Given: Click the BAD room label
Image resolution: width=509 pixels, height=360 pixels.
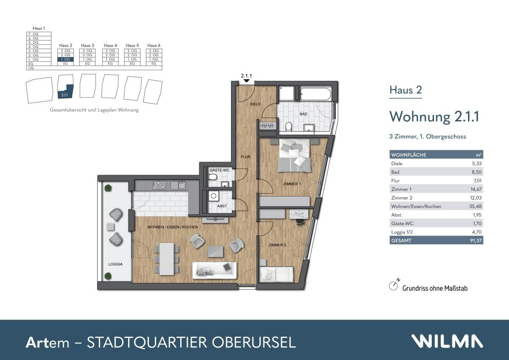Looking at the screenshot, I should tap(303, 114).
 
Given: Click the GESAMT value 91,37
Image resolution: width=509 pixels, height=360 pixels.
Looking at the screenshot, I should tap(476, 241).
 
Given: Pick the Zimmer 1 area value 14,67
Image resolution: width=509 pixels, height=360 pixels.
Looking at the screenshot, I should tap(476, 189).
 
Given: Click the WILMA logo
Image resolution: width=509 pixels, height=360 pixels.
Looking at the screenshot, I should tap(447, 341).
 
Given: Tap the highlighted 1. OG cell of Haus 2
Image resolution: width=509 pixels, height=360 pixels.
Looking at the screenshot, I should tap(65, 59).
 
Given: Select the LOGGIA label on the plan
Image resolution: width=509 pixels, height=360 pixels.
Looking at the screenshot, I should tap(115, 264).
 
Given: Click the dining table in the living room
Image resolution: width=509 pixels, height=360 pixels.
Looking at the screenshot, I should tap(167, 258).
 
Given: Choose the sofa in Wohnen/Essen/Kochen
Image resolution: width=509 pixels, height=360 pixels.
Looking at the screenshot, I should tap(214, 270).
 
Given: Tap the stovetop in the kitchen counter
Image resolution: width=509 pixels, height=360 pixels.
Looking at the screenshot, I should tap(160, 185).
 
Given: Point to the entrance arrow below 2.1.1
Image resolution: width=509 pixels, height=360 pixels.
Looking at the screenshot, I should tap(246, 81).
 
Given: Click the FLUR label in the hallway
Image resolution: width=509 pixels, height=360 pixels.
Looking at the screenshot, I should tap(246, 157).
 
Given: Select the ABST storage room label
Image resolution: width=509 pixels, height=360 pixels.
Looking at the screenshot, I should tap(222, 206).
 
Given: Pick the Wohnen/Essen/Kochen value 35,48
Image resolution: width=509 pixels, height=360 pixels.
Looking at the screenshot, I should tap(476, 206).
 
